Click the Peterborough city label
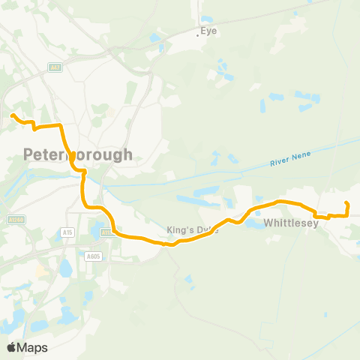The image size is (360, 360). tap(78, 154)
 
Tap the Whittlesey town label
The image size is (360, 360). tap(292, 223)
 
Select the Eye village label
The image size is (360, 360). tap(209, 31)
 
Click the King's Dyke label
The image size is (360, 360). tap(193, 230)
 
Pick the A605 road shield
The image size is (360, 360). tap(93, 256)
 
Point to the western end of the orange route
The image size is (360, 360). tap(13, 115)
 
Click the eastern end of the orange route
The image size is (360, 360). tap(346, 203)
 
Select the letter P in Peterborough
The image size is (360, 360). tap(28, 154)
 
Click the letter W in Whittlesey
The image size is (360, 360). tap(268, 223)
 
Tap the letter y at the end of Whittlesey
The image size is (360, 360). tap(316, 223)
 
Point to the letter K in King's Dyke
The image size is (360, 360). tap(169, 230)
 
